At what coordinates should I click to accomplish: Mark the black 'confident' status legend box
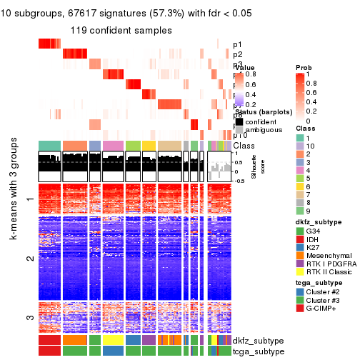[239, 121]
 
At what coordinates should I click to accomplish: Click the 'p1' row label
[237, 44]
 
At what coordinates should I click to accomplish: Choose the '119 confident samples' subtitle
[120, 30]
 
